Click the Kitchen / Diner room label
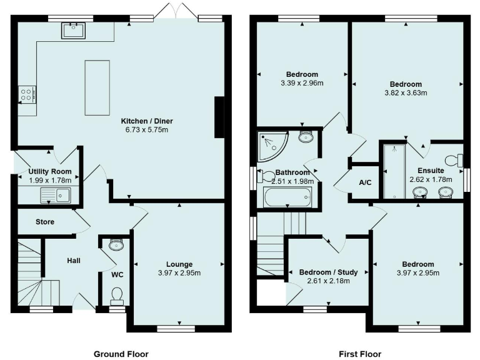pos(145,120)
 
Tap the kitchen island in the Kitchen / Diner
pos(96,87)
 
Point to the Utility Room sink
pos(56,195)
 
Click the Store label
pos(45,222)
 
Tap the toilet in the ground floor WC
pos(117,295)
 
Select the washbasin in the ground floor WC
pos(116,244)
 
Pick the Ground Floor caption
pos(121,354)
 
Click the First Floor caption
pos(360,354)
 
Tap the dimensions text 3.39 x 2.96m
pos(302,83)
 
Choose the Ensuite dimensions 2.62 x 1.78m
pos(431,179)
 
